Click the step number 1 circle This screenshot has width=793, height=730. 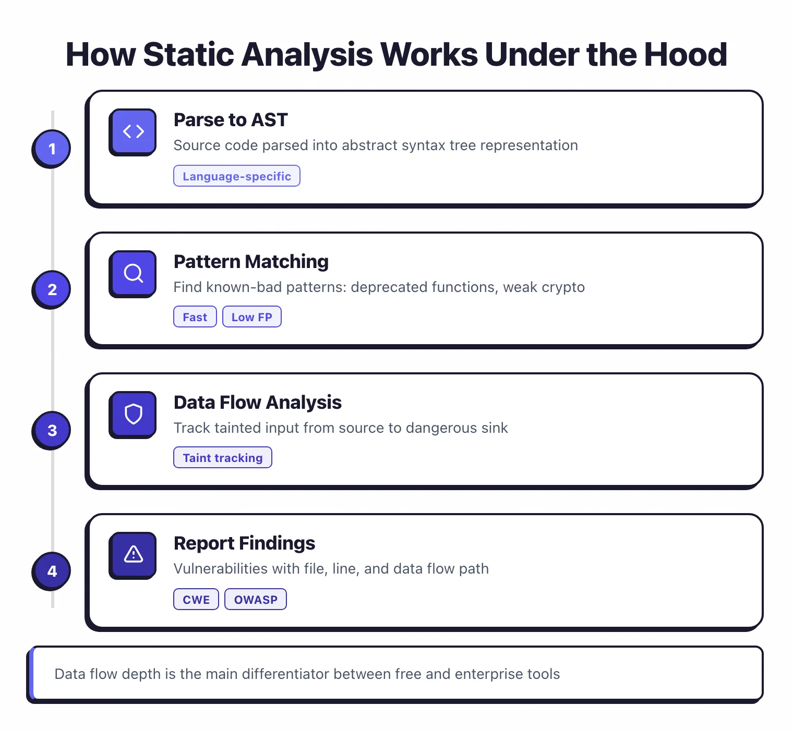point(52,149)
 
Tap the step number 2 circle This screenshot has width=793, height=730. point(52,289)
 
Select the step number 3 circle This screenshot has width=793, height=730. point(52,430)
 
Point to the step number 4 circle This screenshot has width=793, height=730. point(52,571)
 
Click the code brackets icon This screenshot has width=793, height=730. point(133,131)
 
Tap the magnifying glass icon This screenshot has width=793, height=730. point(133,273)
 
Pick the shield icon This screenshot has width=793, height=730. point(133,414)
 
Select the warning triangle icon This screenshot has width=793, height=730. point(133,554)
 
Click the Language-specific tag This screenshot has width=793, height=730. point(236,176)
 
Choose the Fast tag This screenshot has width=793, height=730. point(195,317)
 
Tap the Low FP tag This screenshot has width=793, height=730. point(251,317)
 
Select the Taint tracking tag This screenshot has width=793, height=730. point(222,458)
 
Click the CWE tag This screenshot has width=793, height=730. point(196,600)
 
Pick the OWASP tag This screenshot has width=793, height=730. point(255,600)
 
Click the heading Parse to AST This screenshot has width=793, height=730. point(231,120)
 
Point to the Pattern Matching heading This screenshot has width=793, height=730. point(251,262)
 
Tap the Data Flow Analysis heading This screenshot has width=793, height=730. point(257,403)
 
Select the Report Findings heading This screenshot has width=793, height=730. point(244,543)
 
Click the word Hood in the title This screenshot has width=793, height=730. point(686,54)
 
